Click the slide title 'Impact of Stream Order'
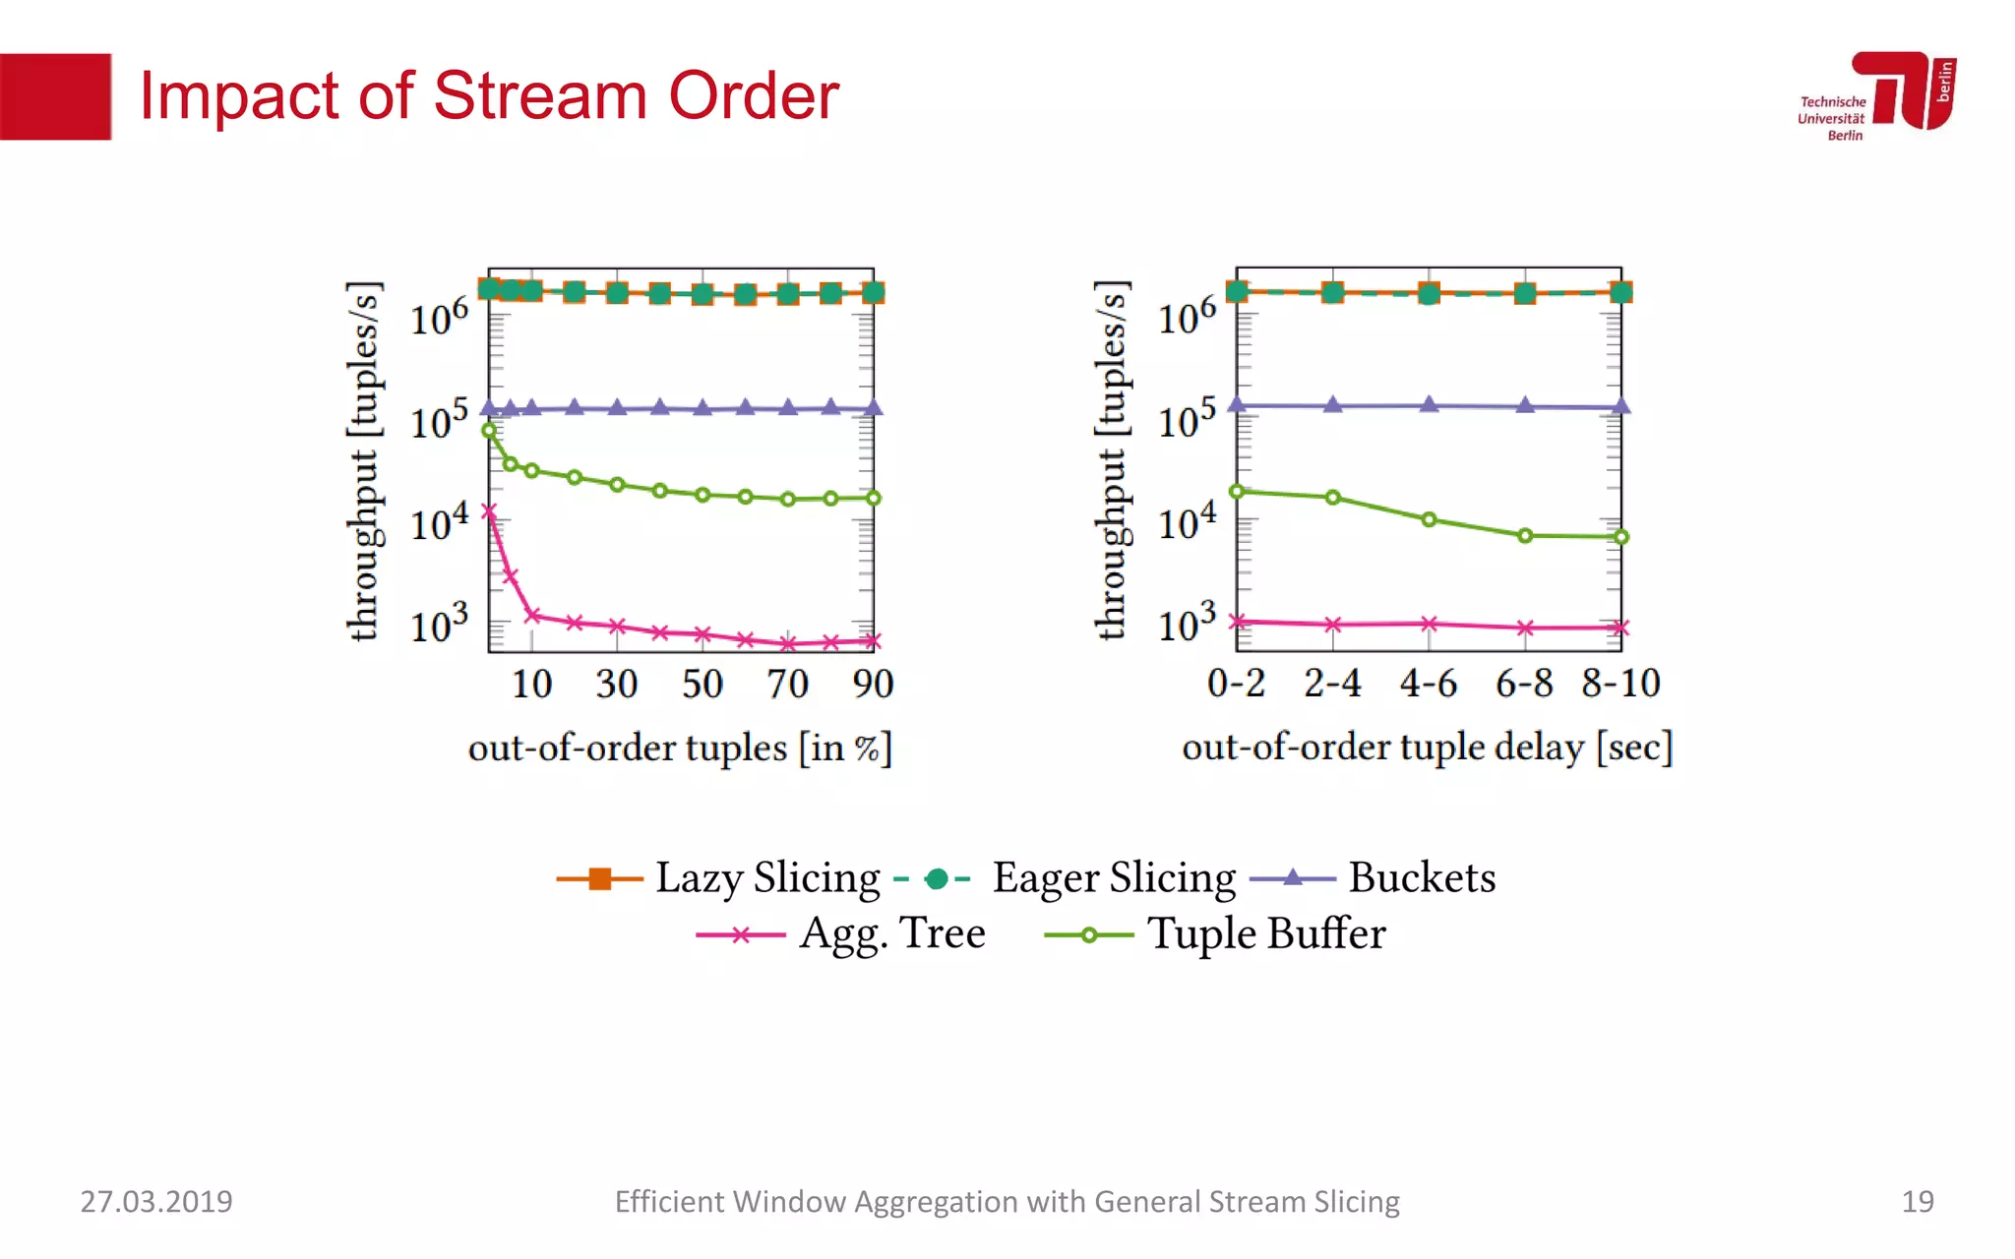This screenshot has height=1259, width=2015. click(489, 96)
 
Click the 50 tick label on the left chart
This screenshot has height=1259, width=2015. click(702, 684)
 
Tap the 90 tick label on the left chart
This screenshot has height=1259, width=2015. click(873, 684)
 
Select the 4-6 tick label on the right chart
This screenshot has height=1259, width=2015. click(1429, 683)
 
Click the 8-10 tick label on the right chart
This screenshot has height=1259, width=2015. click(1620, 683)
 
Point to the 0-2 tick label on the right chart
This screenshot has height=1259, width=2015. click(1236, 683)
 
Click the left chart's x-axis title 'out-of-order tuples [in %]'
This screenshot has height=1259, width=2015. click(680, 748)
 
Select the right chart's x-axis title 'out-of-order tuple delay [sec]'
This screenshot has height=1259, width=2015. click(1427, 748)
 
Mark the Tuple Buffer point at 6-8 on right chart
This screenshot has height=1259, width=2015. click(1525, 536)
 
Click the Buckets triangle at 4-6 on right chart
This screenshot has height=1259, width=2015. click(1429, 404)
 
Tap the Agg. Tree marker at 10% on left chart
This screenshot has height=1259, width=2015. click(532, 616)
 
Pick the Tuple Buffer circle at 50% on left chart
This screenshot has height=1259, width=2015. click(702, 495)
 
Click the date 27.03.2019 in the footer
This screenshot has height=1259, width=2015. click(156, 1201)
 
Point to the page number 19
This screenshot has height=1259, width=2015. click(1917, 1201)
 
